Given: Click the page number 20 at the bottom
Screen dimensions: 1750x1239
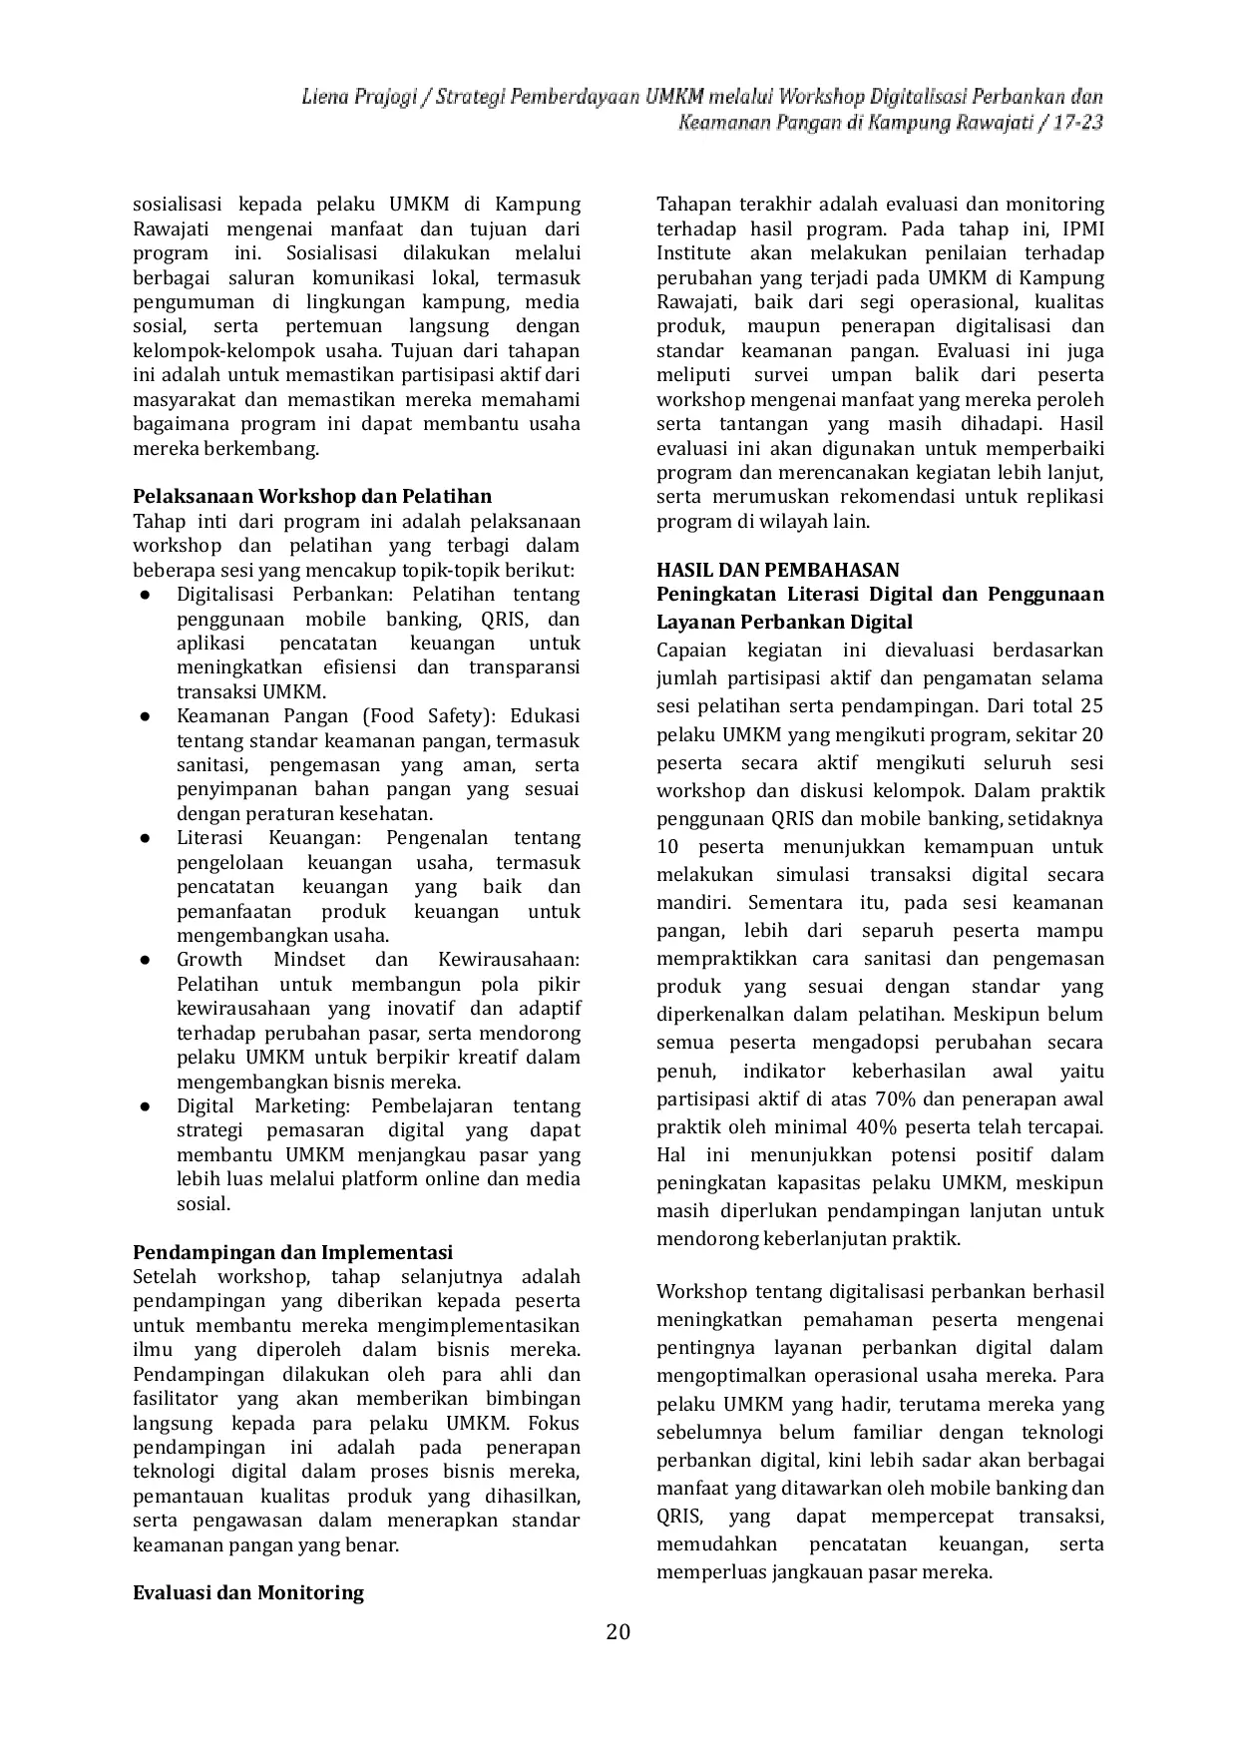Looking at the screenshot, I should [619, 1632].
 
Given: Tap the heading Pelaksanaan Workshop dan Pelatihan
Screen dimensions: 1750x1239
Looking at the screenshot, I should [312, 497].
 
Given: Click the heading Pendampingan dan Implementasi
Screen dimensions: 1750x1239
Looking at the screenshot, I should [293, 1252].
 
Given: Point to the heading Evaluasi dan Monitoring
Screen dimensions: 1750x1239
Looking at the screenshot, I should [248, 1592].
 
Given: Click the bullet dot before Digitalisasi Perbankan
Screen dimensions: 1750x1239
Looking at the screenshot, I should [146, 595].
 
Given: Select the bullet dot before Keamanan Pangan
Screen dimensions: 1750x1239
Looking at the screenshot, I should [146, 716].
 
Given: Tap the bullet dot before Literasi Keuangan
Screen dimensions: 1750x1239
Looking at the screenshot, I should [146, 838].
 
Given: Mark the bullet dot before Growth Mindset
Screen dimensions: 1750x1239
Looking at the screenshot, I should [146, 960].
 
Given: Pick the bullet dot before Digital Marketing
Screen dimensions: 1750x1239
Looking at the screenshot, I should [146, 1106].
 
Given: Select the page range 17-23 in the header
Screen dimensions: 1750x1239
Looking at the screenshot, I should [1074, 124].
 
